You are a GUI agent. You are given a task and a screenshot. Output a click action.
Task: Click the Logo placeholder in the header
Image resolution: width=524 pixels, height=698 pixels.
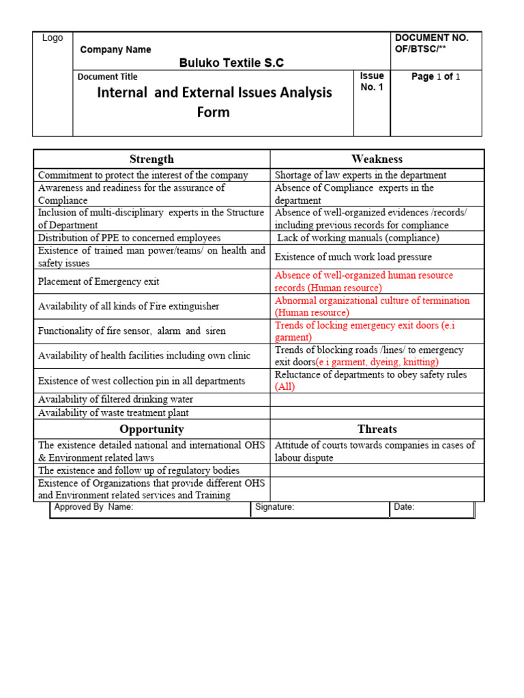tap(53, 38)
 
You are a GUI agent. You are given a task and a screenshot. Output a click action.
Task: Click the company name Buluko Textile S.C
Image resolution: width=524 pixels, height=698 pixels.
tap(231, 63)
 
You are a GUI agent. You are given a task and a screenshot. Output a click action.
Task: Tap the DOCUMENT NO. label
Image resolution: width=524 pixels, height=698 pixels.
tap(432, 38)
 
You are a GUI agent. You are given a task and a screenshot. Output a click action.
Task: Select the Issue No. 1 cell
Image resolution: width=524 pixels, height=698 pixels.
tap(372, 81)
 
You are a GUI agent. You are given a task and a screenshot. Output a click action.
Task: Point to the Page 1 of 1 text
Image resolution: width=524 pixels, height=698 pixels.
tap(435, 77)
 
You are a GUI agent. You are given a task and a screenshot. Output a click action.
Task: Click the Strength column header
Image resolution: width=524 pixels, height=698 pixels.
tap(151, 159)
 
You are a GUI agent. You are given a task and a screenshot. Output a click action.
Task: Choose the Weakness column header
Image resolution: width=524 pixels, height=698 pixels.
tap(377, 159)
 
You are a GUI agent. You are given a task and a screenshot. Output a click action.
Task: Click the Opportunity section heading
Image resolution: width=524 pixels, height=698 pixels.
tap(151, 429)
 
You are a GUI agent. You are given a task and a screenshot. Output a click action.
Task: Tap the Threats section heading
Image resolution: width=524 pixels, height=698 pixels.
tap(377, 429)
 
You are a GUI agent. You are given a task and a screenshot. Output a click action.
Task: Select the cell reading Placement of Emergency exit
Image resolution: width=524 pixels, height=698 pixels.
tap(99, 282)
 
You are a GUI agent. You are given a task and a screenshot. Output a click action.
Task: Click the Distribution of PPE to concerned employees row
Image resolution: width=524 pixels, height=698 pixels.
tap(130, 238)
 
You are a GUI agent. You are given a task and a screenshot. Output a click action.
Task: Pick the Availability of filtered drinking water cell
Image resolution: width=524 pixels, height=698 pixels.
tap(115, 399)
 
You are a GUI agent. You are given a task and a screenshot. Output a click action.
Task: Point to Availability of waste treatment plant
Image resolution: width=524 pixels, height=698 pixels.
tap(113, 412)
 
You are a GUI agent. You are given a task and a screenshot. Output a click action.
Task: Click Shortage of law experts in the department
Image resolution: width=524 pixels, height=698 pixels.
tap(360, 175)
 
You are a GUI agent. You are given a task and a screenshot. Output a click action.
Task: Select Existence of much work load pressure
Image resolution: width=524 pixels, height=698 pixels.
tap(353, 257)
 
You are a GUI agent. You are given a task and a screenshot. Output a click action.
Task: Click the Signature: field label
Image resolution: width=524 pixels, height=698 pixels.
tap(275, 507)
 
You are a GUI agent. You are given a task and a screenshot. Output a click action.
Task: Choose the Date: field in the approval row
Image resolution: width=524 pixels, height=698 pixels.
tap(404, 507)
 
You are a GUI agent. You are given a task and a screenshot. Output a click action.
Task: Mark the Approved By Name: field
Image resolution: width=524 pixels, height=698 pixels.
tap(94, 507)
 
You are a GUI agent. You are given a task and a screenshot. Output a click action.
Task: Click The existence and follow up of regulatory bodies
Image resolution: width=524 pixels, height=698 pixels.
tap(139, 470)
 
